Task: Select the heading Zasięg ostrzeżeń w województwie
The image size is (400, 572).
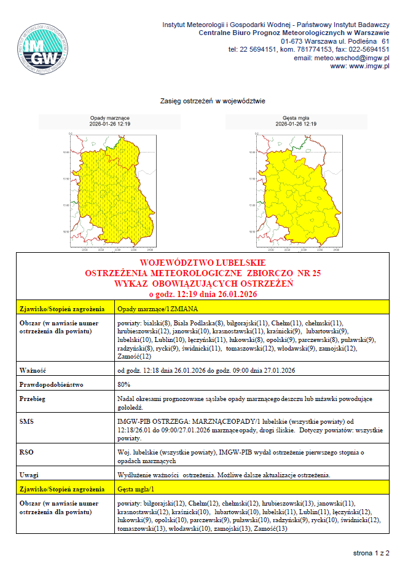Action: [x=212, y=100]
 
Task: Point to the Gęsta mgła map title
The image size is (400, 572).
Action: [x=296, y=117]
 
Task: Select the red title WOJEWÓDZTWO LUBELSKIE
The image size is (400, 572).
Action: [x=200, y=263]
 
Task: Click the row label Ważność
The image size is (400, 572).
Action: [x=33, y=371]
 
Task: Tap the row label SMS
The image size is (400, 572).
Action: [x=28, y=421]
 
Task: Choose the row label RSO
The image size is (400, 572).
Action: [x=28, y=451]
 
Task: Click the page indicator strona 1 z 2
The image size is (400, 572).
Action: [x=371, y=554]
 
